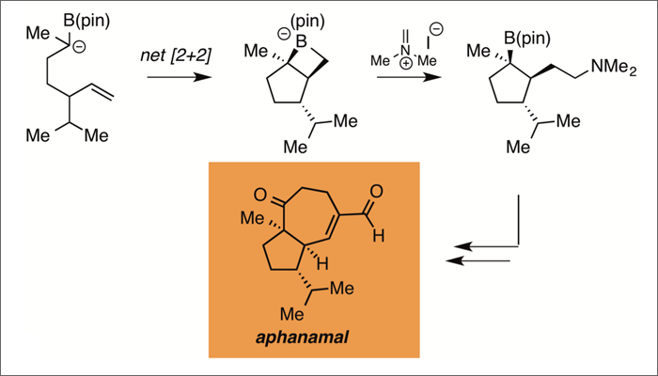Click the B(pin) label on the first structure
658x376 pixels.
(x=89, y=16)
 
